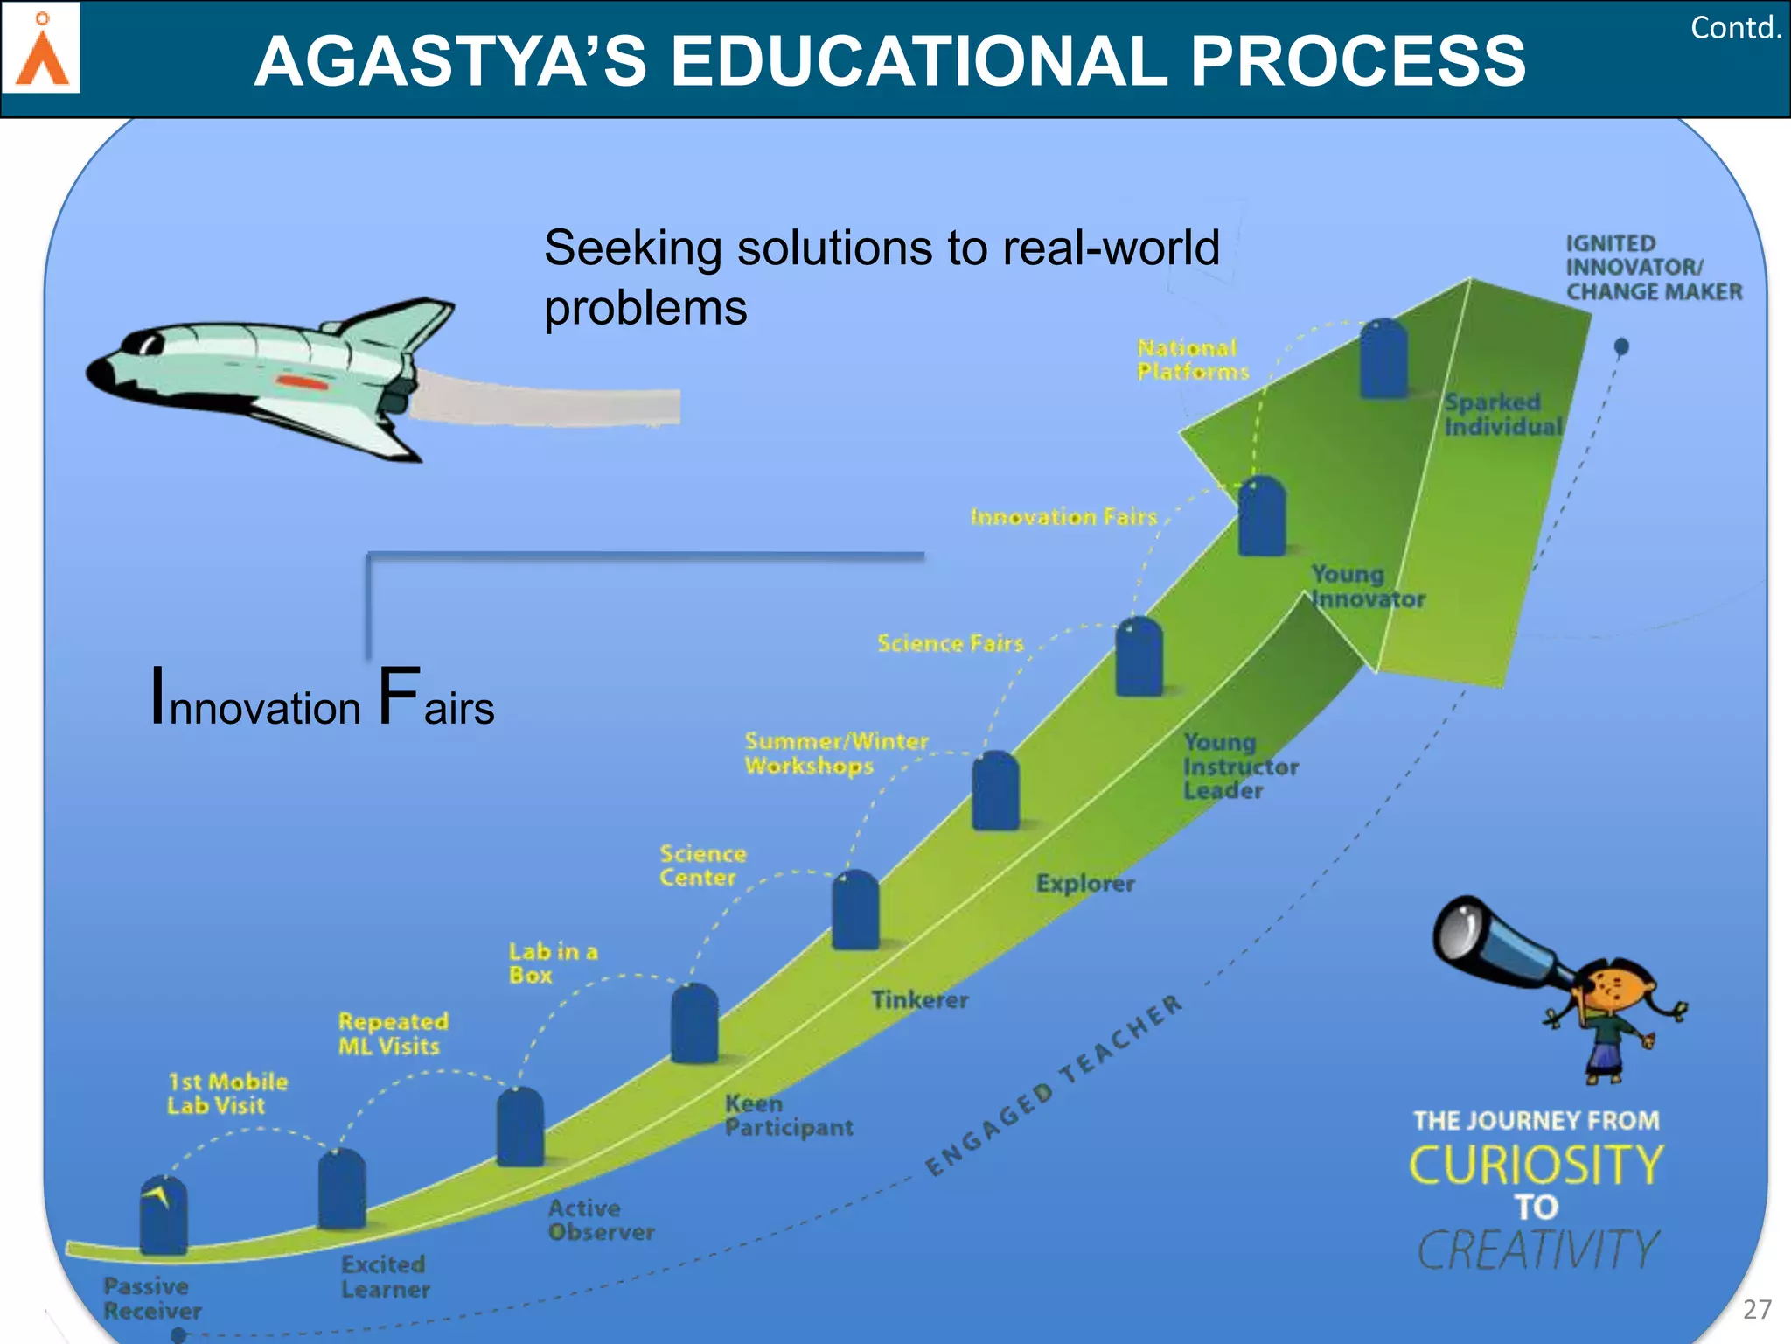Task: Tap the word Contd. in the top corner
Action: (x=1735, y=28)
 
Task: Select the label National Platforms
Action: (x=1193, y=360)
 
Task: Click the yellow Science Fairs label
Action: (x=950, y=644)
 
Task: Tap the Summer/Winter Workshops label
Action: (x=835, y=753)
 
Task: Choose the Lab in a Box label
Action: (x=553, y=962)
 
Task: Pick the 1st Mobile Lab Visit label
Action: (x=226, y=1093)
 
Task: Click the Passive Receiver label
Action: (x=151, y=1298)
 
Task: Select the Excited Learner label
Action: (x=385, y=1277)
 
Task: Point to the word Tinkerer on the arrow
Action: (x=919, y=999)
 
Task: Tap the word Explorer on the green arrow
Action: (x=1084, y=883)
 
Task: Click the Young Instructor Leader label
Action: (x=1239, y=766)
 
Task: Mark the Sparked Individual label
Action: (x=1502, y=414)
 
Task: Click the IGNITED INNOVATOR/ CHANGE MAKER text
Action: (x=1652, y=267)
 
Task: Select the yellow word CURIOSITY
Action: (x=1536, y=1165)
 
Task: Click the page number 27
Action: (x=1757, y=1309)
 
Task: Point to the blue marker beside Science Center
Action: (x=855, y=910)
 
